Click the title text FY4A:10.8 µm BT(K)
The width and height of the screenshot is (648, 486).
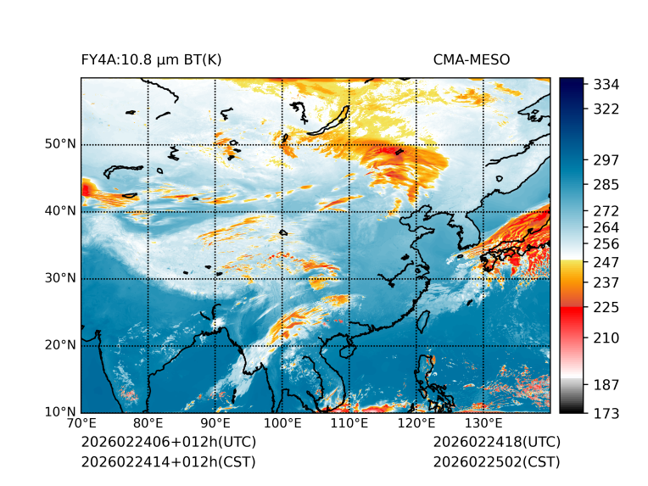point(152,59)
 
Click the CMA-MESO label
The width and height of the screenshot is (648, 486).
point(472,59)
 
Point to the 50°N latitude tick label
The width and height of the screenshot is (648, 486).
point(61,144)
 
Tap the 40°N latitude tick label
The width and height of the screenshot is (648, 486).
point(61,211)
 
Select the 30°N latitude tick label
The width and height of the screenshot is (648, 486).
point(61,278)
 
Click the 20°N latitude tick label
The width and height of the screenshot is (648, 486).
point(61,345)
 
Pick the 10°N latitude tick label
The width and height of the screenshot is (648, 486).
point(61,412)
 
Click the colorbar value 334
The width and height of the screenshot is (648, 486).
point(606,85)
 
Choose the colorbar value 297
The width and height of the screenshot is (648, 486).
point(606,159)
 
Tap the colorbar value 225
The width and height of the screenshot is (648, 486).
point(606,307)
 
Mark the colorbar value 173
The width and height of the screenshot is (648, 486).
point(606,413)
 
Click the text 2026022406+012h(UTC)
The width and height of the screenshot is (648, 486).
point(168,442)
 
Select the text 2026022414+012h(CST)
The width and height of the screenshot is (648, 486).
point(168,461)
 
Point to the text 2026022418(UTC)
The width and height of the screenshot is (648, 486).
point(496,442)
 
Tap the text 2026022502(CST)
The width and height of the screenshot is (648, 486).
point(496,461)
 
